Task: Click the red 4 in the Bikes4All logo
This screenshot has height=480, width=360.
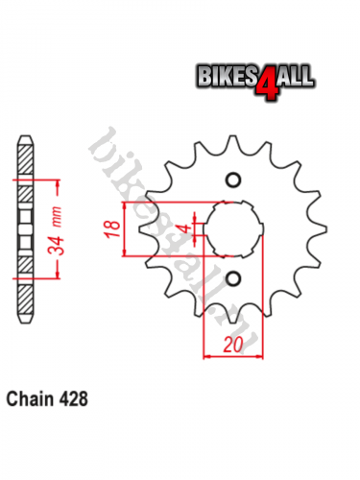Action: pos(265,83)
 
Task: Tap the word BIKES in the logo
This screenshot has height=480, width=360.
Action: pos(227,76)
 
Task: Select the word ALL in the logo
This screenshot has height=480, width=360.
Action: pos(295,76)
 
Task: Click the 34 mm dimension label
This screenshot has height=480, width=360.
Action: pos(56,229)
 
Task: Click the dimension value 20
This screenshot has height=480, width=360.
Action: pos(233,345)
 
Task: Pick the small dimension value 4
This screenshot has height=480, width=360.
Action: pos(184,228)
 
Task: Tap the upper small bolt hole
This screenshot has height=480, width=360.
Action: pos(233,180)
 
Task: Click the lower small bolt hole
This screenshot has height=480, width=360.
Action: pos(233,278)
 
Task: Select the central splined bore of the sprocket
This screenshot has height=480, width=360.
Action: pos(233,228)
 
